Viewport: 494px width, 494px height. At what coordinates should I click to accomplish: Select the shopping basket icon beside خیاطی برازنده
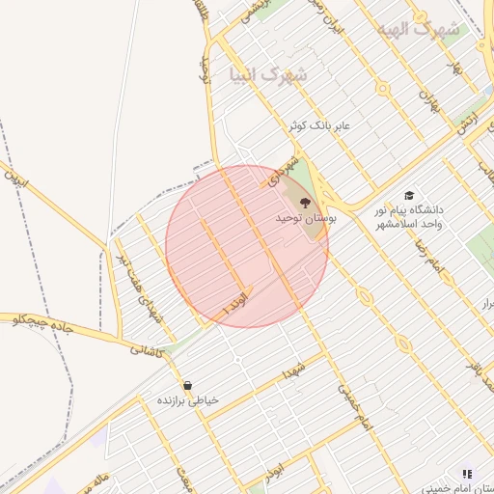coord(186,385)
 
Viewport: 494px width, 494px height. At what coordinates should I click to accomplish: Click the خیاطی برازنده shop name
coord(188,399)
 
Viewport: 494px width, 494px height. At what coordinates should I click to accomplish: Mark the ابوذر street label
coord(274,477)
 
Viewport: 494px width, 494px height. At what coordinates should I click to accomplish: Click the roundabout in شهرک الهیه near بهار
coord(383,88)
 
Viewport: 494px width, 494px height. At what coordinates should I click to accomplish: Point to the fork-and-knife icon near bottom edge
coord(467,474)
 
